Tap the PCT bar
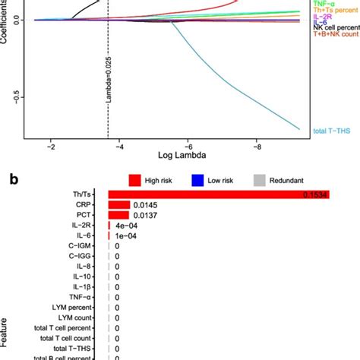coord(118,216)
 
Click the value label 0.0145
coord(145,205)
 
